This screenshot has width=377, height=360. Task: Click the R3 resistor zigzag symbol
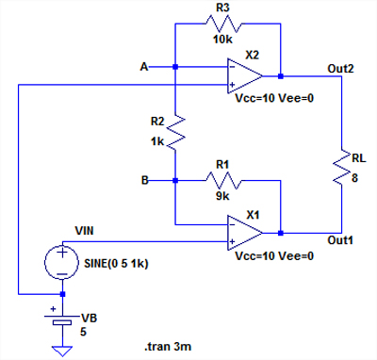(x=222, y=24)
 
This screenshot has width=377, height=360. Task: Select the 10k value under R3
(x=222, y=40)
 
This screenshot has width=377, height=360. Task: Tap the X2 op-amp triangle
(x=245, y=76)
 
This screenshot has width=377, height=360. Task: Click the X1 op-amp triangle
(x=245, y=233)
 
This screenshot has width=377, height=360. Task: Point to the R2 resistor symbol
(x=175, y=132)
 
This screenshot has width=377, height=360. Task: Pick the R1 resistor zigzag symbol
(x=222, y=181)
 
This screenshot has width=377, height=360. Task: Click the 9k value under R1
(x=222, y=196)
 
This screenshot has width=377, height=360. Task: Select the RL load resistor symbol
(x=341, y=168)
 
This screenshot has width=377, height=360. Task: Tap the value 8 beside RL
(x=354, y=178)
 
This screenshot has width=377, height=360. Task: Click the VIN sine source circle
(x=62, y=262)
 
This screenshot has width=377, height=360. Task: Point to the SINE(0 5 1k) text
(x=116, y=263)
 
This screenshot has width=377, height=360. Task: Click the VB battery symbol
(x=62, y=318)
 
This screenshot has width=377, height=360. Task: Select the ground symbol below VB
(x=62, y=351)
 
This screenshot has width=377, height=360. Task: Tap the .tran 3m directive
(x=168, y=347)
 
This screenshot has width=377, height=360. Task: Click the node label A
(x=144, y=67)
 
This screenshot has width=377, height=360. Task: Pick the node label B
(x=144, y=180)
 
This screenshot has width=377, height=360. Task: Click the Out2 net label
(x=340, y=69)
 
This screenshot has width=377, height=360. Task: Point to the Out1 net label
(x=340, y=240)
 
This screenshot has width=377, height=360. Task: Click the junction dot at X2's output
(x=281, y=76)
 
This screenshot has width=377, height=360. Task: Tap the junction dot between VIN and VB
(x=62, y=294)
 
